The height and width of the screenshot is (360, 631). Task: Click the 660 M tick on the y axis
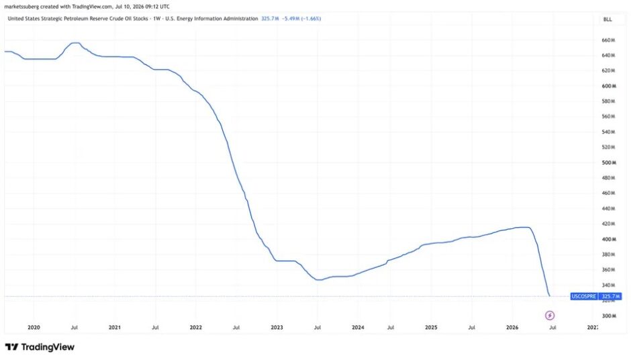click(x=608, y=40)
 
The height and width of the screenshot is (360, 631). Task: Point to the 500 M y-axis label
click(x=609, y=163)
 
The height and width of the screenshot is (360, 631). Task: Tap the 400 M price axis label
click(x=609, y=239)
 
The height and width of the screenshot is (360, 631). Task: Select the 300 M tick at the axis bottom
click(x=609, y=316)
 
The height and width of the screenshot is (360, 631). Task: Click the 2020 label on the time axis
click(x=34, y=327)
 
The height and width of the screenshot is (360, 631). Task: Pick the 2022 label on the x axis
click(x=195, y=327)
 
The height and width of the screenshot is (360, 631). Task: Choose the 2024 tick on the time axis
click(x=358, y=327)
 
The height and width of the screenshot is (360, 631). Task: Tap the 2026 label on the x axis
click(x=512, y=327)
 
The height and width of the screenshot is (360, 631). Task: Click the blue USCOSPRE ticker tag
click(x=584, y=296)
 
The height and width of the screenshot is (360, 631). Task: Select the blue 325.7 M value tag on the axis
click(x=610, y=296)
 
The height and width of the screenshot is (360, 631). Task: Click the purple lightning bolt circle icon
click(x=550, y=315)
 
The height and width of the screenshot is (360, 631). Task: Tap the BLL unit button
click(x=608, y=19)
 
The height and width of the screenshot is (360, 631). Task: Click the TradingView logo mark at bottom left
click(x=11, y=347)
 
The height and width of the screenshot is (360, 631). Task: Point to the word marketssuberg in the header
click(x=21, y=7)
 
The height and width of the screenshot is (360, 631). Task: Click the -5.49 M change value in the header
click(x=290, y=19)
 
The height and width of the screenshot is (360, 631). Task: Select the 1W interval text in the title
click(x=156, y=19)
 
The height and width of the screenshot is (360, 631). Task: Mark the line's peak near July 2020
click(x=76, y=43)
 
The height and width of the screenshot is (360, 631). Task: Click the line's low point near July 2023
click(x=318, y=280)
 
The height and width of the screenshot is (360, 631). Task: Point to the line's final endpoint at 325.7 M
click(x=550, y=296)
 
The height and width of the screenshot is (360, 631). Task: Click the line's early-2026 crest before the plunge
click(x=525, y=228)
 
